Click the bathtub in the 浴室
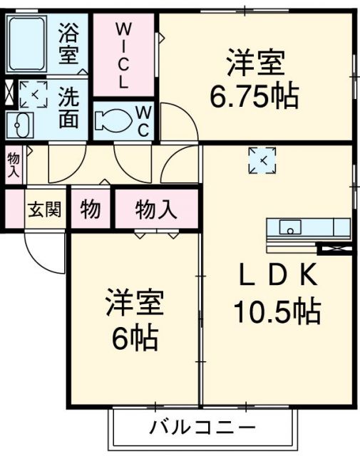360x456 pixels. pyautogui.click(x=26, y=44)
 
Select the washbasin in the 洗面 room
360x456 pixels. pyautogui.click(x=21, y=125)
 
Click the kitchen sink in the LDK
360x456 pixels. pyautogui.click(x=290, y=227)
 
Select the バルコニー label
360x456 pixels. pyautogui.click(x=202, y=427)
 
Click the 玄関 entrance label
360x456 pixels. pyautogui.click(x=44, y=209)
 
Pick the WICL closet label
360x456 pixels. pyautogui.click(x=124, y=56)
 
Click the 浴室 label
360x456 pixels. pyautogui.click(x=68, y=43)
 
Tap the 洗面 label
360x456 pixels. pyautogui.click(x=68, y=108)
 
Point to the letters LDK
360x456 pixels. pyautogui.click(x=278, y=274)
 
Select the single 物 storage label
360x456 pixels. pyautogui.click(x=91, y=209)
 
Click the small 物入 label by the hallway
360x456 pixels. pyautogui.click(x=14, y=165)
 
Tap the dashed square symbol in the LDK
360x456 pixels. pyautogui.click(x=262, y=160)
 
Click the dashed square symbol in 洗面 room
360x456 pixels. pyautogui.click(x=34, y=95)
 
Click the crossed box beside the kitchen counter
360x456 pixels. pyautogui.click(x=336, y=249)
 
